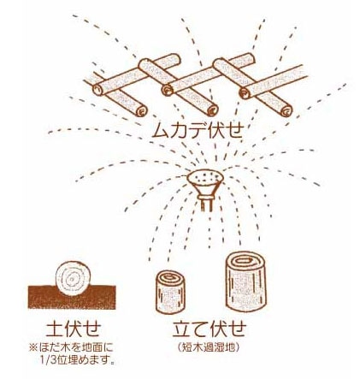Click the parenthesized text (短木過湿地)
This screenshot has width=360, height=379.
point(209,347)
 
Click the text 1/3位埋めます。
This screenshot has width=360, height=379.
point(80,360)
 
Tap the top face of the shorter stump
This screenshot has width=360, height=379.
point(168,279)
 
